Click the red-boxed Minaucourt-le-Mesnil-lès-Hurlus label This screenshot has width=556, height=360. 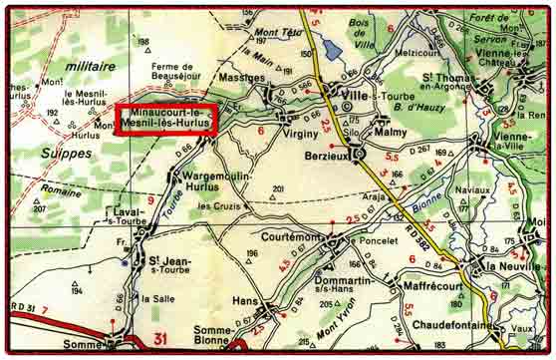pyautogui.click(x=165, y=120)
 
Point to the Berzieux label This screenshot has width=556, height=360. pyautogui.click(x=329, y=156)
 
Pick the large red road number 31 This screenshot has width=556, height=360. pyautogui.click(x=160, y=340)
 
